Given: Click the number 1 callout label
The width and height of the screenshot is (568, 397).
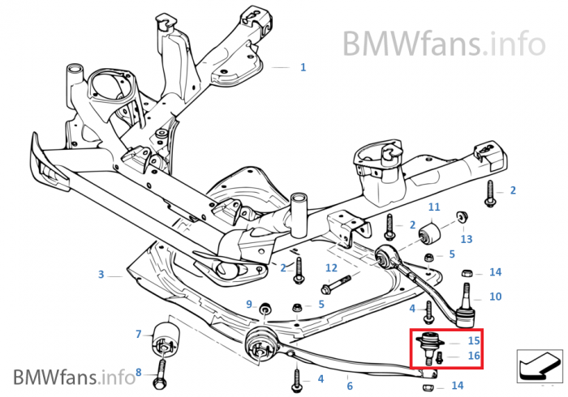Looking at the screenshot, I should [x=303, y=68].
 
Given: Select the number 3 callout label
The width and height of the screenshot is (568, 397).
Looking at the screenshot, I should [x=101, y=275].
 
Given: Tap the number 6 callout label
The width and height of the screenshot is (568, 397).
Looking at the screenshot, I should [x=350, y=386].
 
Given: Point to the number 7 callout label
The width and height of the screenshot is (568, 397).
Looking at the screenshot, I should [x=138, y=334].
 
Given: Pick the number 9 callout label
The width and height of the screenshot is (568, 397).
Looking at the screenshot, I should [x=249, y=304].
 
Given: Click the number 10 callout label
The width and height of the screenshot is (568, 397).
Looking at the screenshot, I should [x=495, y=297].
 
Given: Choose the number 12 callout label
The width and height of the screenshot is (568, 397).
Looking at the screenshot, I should [x=331, y=267].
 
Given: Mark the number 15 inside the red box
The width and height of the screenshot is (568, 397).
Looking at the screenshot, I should [x=473, y=340].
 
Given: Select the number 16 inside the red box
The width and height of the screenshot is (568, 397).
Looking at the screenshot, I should [x=473, y=356].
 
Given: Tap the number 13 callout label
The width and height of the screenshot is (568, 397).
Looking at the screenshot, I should [x=466, y=239].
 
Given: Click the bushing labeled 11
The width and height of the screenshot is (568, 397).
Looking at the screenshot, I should [x=432, y=234].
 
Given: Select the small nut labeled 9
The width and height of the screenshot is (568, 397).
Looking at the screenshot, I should [x=264, y=310].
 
